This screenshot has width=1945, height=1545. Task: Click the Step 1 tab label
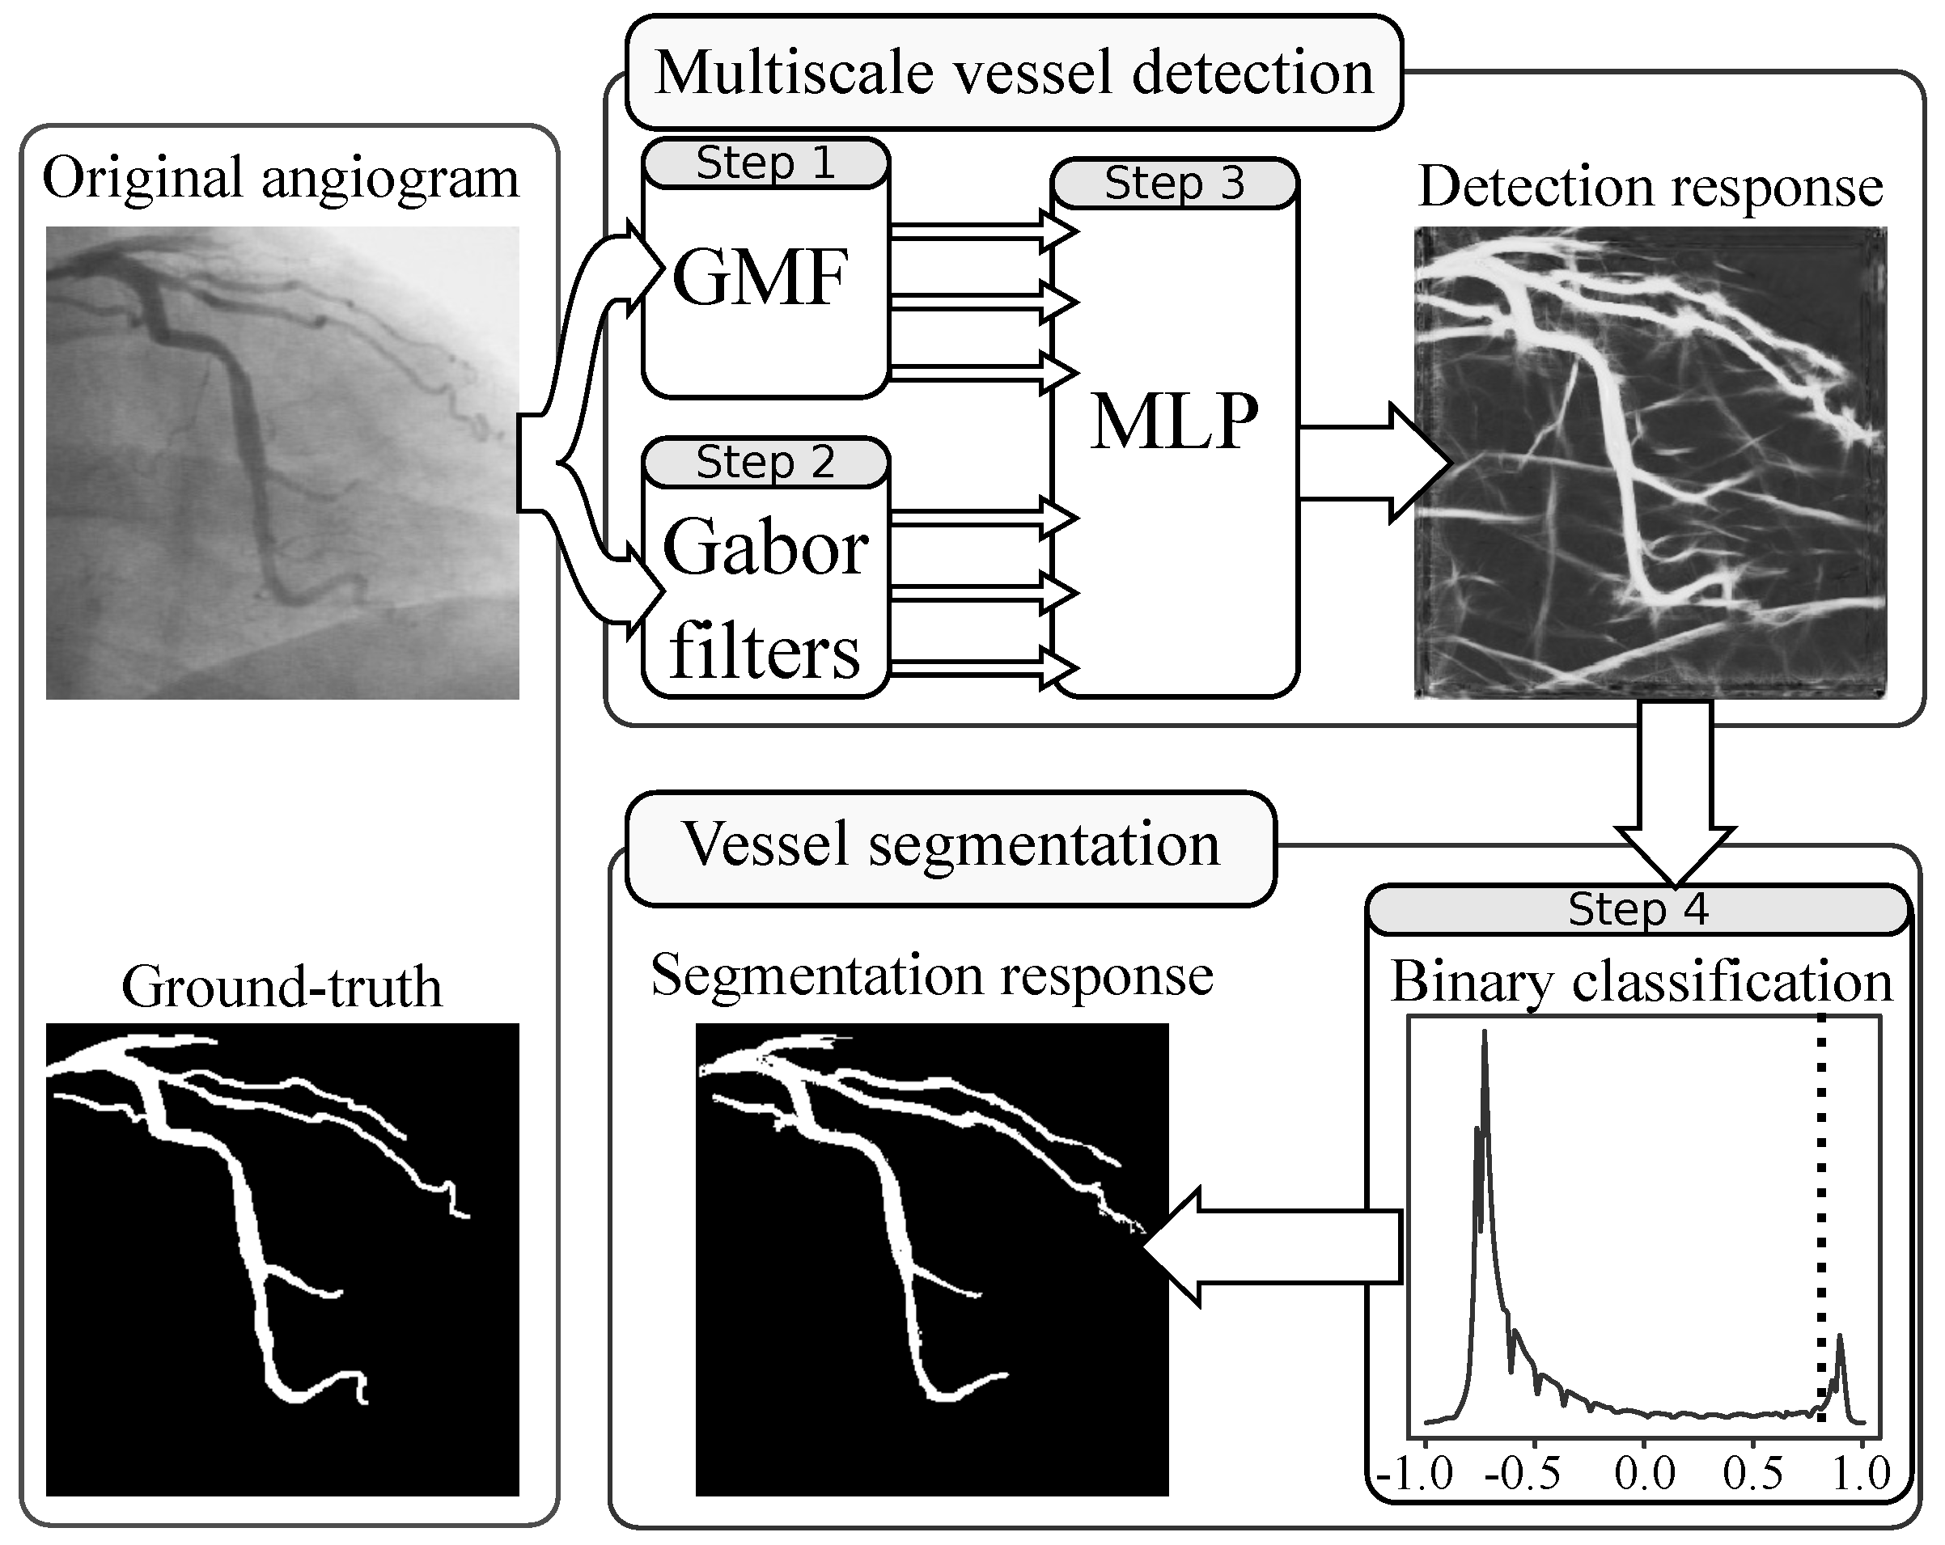point(766,163)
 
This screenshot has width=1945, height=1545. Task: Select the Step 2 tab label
point(766,462)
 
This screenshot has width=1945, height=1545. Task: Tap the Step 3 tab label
point(1175,183)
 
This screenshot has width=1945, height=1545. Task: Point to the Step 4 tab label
point(1638,908)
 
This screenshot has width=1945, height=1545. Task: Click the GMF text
point(761,277)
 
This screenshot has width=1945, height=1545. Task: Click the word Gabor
point(766,547)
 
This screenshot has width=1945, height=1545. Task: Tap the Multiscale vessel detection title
point(1014,72)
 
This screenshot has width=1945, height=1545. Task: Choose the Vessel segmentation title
point(951,844)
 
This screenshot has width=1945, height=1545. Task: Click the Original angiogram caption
point(281,178)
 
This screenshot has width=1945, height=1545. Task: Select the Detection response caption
point(1651,187)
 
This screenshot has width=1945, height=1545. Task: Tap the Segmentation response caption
point(932,976)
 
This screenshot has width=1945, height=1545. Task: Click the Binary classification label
point(1642,981)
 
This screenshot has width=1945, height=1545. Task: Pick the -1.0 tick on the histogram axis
point(1414,1473)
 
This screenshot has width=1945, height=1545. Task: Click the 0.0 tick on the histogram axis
point(1645,1473)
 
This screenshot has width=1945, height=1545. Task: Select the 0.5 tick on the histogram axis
point(1752,1473)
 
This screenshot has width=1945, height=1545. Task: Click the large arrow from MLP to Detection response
point(1374,463)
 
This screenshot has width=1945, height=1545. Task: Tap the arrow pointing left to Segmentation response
point(1272,1247)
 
